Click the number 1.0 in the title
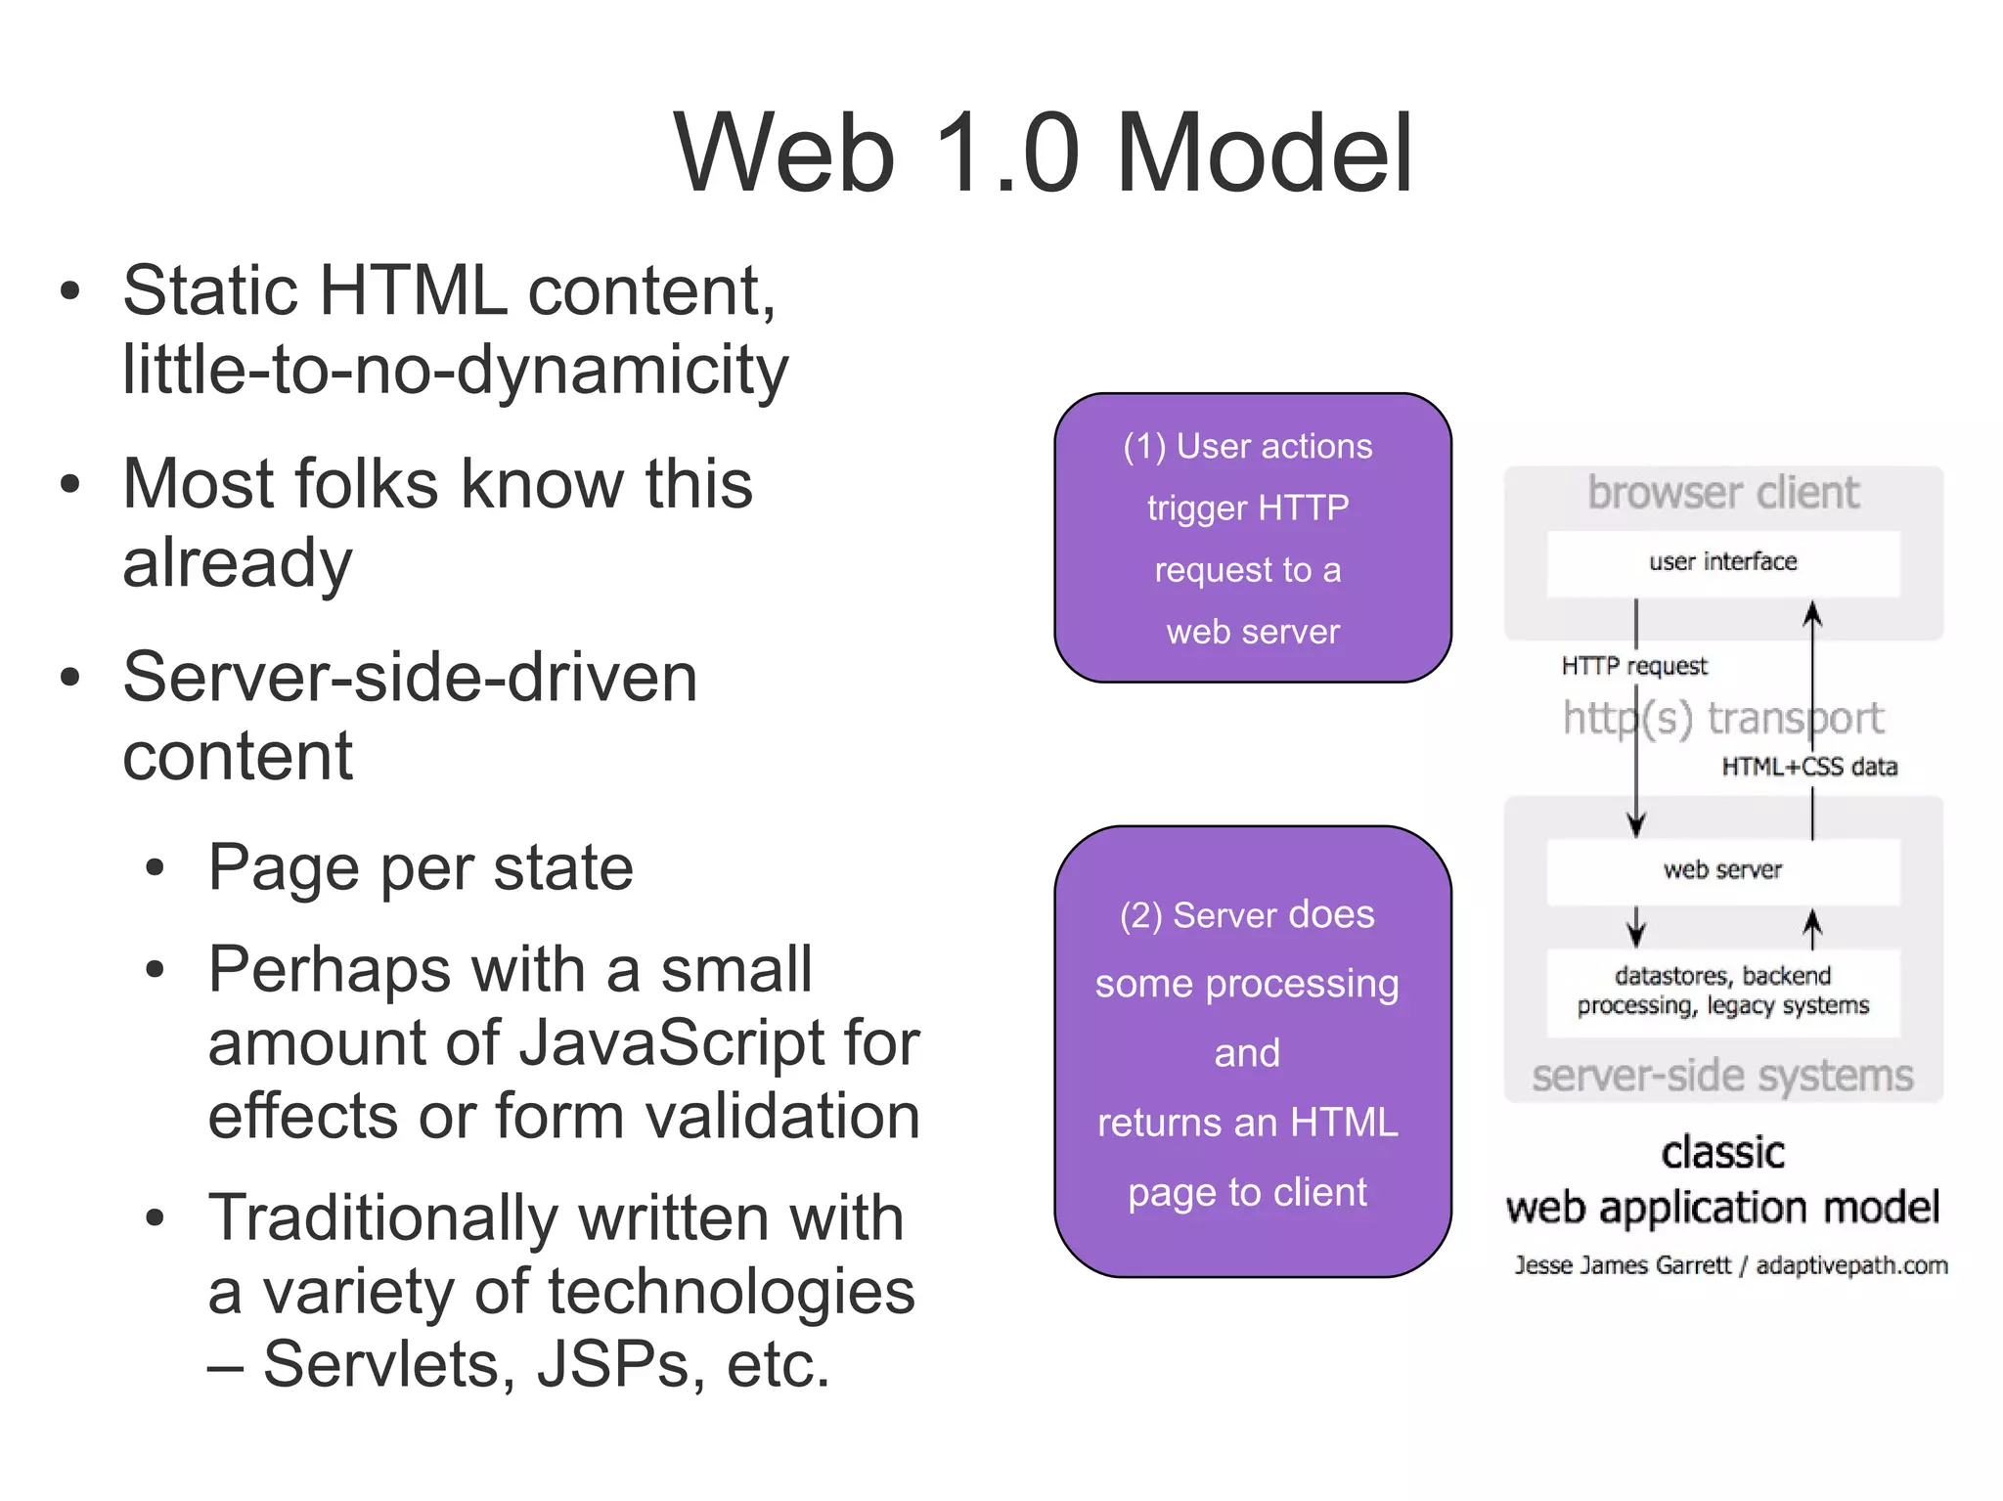click(x=1006, y=155)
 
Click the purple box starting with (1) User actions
click(x=1252, y=538)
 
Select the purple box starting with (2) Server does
click(x=1252, y=1052)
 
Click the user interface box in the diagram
click(x=1722, y=563)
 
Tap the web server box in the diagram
click(x=1722, y=870)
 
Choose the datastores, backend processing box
click(x=1722, y=992)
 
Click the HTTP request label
click(x=1633, y=667)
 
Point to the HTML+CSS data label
click(x=1809, y=768)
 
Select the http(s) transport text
click(x=1722, y=719)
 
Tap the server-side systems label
click(x=1722, y=1077)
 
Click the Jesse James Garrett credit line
click(x=1730, y=1266)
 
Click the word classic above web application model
click(x=1722, y=1153)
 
